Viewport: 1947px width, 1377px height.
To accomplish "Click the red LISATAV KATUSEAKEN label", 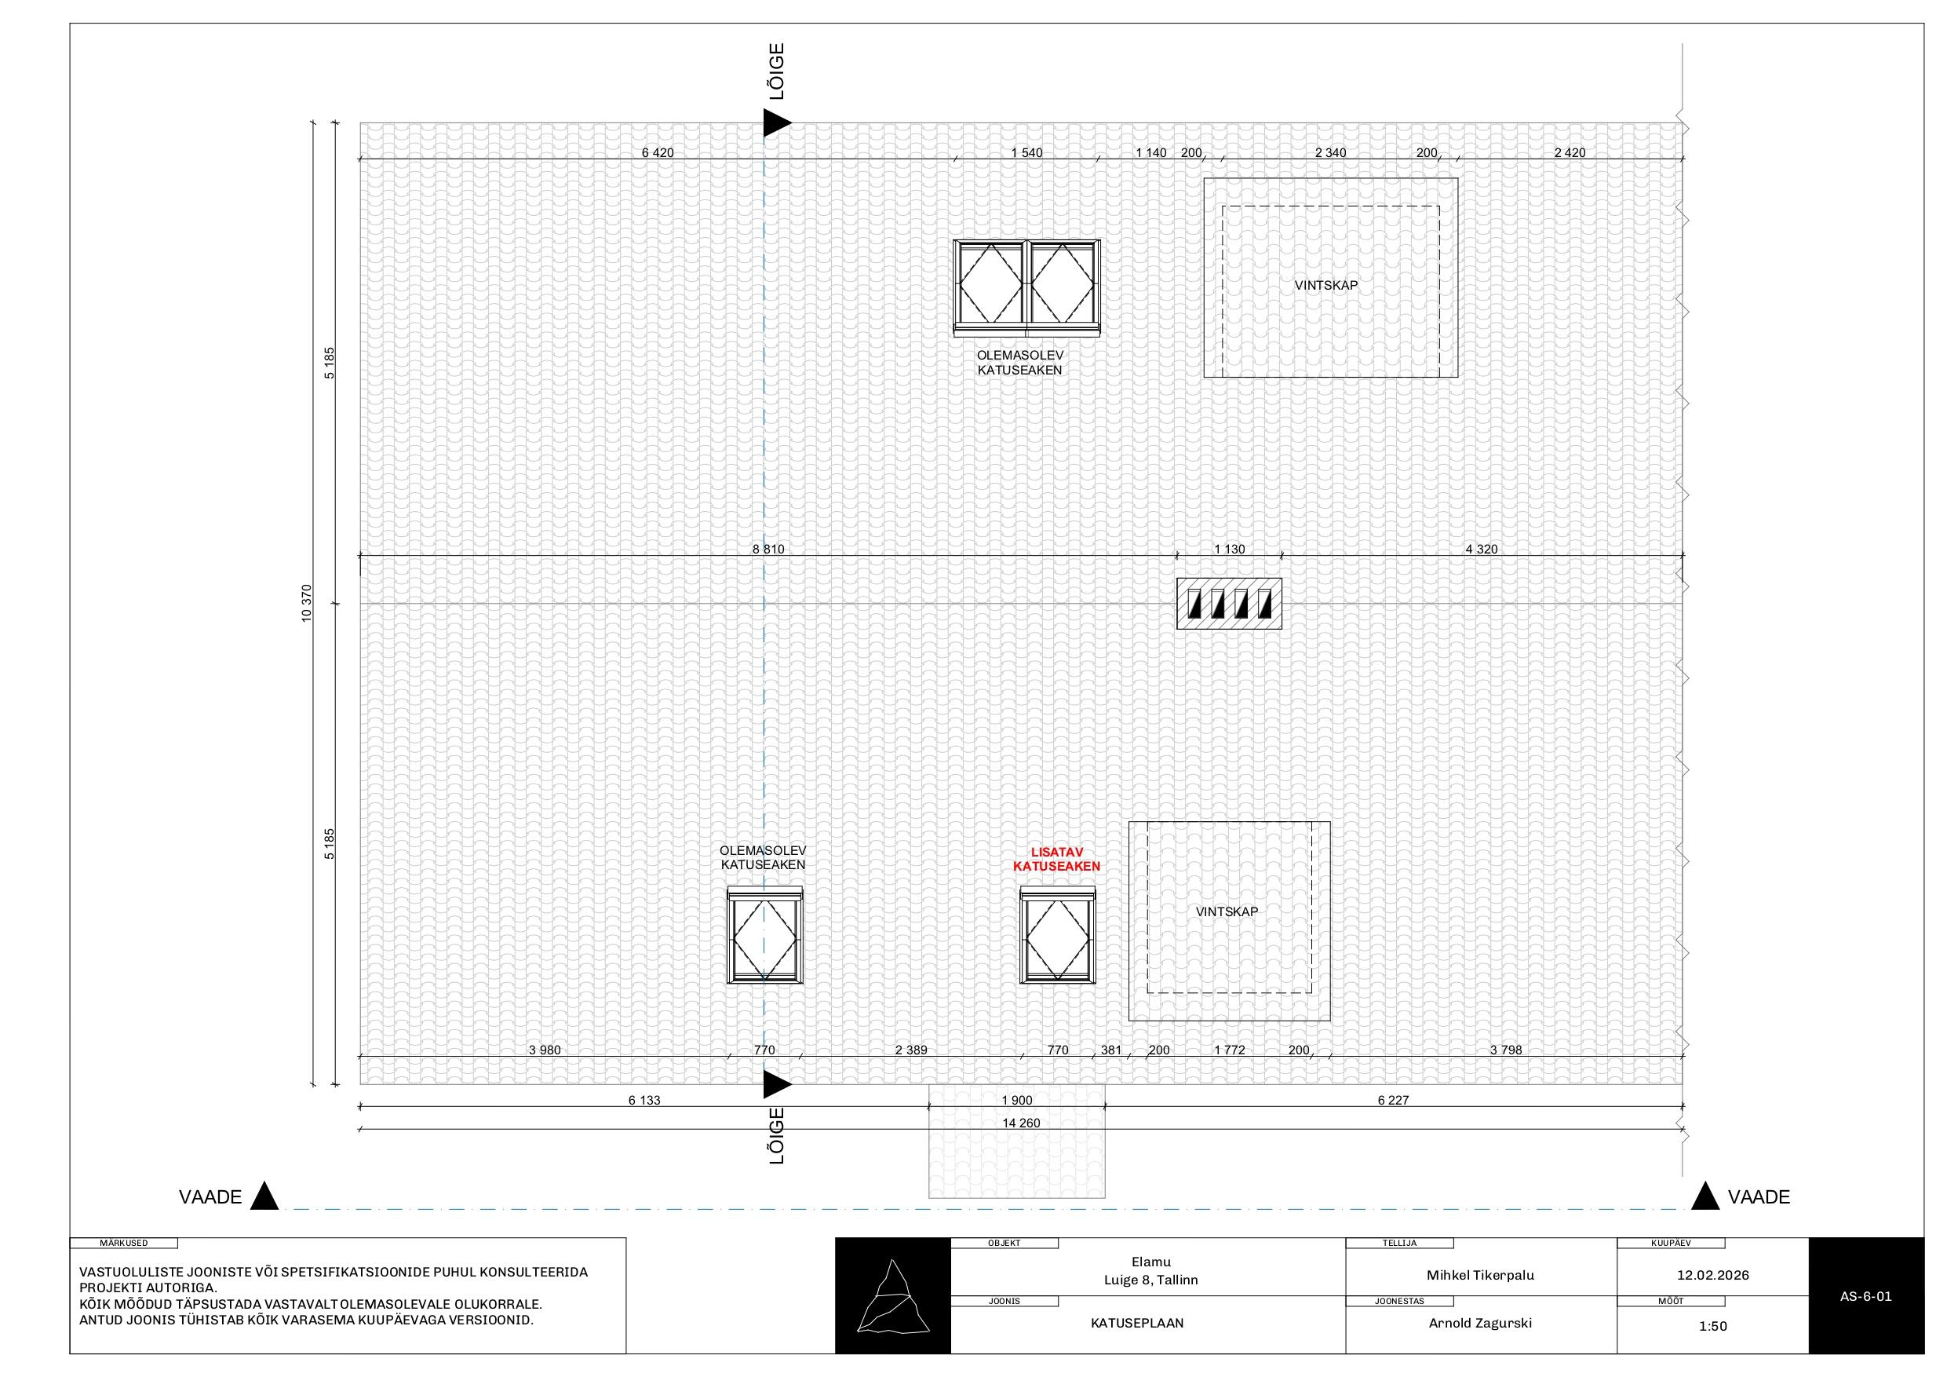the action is coord(1056,860).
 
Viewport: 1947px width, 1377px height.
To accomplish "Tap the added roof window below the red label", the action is coord(1057,935).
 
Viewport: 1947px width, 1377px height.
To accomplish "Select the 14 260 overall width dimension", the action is coord(1021,1123).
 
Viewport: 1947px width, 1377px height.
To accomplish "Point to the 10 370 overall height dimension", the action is coord(307,603).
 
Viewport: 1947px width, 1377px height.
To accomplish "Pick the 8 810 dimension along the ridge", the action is coord(768,549).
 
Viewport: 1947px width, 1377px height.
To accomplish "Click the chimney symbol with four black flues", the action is coord(1229,603).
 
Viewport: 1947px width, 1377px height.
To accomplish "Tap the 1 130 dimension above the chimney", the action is coord(1230,549).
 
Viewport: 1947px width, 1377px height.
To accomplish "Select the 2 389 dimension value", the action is coord(911,1050).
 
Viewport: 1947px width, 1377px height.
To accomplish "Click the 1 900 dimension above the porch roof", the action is coord(1017,1101).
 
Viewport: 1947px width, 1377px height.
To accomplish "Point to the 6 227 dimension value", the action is coord(1393,1101).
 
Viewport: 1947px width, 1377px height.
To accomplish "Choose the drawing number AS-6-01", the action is coord(1865,1296).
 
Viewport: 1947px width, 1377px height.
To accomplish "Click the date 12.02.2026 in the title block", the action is coord(1713,1275).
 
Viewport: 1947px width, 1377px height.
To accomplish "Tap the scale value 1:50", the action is coord(1713,1326).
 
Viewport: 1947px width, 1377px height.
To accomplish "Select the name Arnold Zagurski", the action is coord(1481,1323).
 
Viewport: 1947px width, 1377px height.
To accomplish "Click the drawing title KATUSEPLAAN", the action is coord(1137,1323).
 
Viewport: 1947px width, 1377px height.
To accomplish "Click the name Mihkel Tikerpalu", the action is coord(1481,1275).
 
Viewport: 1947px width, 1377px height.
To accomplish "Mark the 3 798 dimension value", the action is coord(1506,1050).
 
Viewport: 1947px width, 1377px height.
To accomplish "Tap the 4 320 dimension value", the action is coord(1482,549).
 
